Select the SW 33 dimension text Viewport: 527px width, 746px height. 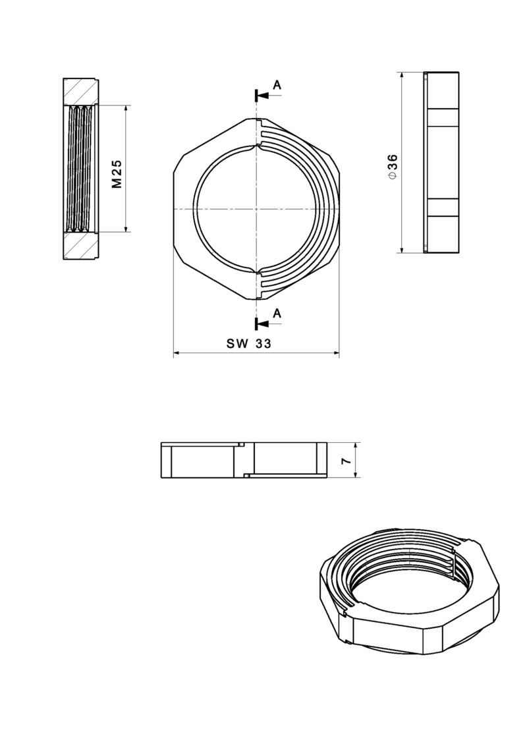(249, 343)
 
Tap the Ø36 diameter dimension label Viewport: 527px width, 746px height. (393, 167)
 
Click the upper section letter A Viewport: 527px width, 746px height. (277, 84)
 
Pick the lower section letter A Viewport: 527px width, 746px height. (277, 313)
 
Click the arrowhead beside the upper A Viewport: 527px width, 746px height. (263, 96)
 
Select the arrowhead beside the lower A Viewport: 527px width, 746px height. (263, 324)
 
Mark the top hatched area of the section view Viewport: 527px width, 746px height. (81, 92)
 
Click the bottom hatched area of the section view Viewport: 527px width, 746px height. (81, 246)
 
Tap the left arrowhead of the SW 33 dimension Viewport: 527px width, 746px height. (177, 355)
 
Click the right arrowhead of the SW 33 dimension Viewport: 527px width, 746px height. (335, 355)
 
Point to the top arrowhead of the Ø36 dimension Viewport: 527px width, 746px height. (401, 76)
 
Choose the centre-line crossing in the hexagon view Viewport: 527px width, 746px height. (256, 209)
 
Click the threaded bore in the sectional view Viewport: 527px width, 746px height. (82, 169)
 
